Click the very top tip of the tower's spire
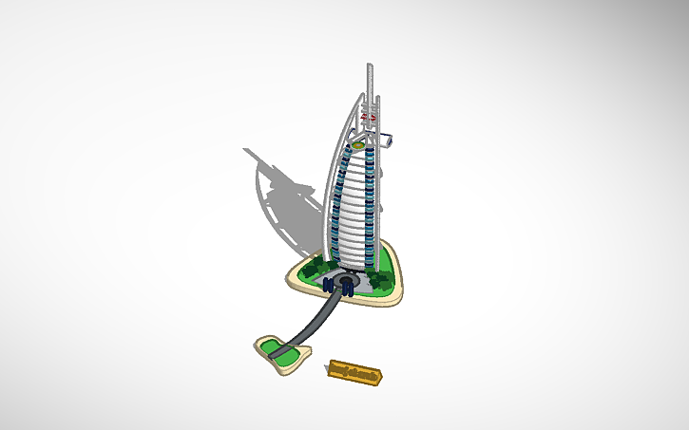pos(368,65)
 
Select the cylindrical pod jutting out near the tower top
pos(389,139)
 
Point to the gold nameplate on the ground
pos(356,373)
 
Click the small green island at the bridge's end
pos(280,350)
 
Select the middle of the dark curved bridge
pos(315,324)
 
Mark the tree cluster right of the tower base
pos(381,276)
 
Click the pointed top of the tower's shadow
pos(246,149)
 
